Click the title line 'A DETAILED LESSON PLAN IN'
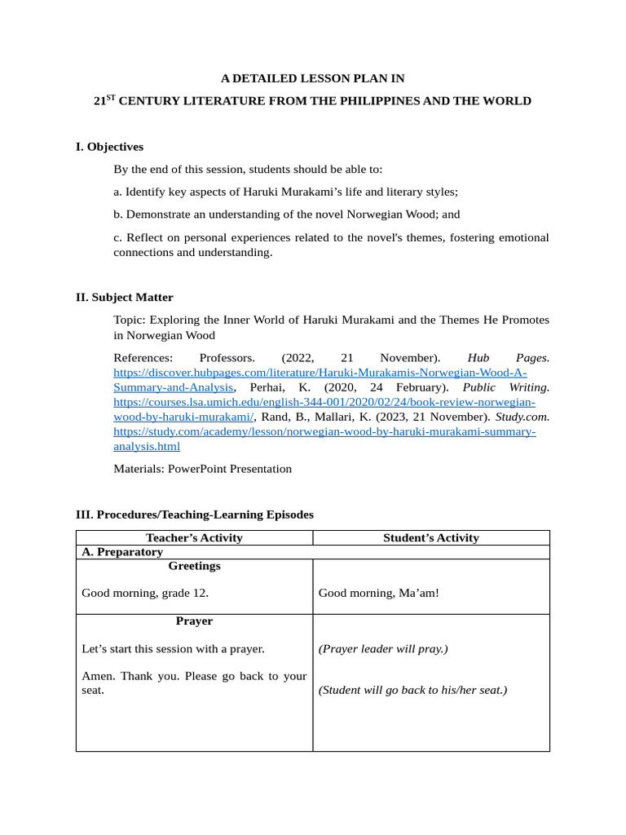313,78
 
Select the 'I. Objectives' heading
109,147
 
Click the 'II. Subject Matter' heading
124,297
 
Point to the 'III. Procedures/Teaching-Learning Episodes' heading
194,515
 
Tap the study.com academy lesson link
324,431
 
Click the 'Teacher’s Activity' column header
194,537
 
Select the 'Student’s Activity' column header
431,537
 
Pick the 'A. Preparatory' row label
123,552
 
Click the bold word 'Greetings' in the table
194,566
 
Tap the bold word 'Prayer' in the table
194,621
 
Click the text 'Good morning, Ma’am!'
379,593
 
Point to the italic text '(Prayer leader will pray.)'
383,649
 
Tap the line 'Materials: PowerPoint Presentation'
202,469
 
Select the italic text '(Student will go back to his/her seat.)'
412,690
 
